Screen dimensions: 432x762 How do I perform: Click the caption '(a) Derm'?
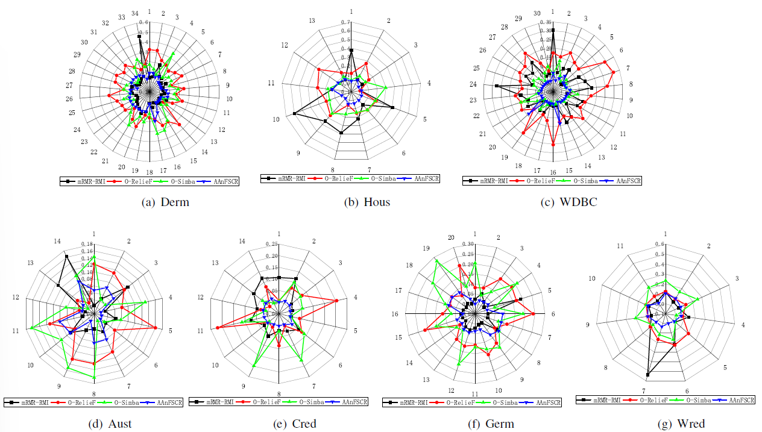(x=165, y=202)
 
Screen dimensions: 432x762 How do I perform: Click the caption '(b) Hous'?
(x=367, y=202)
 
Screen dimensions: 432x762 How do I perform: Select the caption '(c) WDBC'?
(x=569, y=202)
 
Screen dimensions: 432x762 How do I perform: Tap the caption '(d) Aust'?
(x=110, y=424)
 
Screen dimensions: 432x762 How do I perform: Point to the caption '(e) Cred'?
(x=295, y=424)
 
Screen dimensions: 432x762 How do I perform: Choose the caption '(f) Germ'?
(x=491, y=424)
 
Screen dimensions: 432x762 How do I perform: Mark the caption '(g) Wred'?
(x=682, y=424)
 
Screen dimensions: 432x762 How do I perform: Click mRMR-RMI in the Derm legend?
(x=90, y=181)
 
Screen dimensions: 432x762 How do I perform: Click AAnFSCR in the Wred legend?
(x=741, y=399)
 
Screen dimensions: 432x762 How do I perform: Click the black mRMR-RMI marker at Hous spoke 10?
(x=295, y=113)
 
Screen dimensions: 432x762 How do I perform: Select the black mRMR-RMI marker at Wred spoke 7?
(x=647, y=375)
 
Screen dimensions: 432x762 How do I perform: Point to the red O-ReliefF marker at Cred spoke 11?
(x=216, y=328)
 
